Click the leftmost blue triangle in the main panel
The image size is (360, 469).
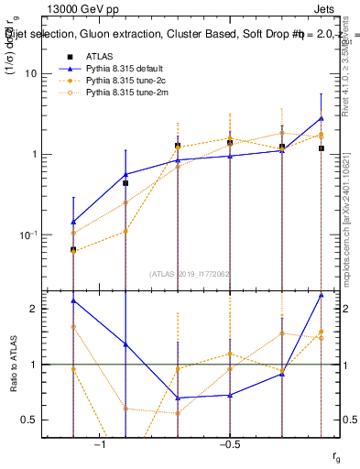(73, 222)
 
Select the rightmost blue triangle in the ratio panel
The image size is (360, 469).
(322, 295)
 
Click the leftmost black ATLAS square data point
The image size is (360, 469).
(73, 249)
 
